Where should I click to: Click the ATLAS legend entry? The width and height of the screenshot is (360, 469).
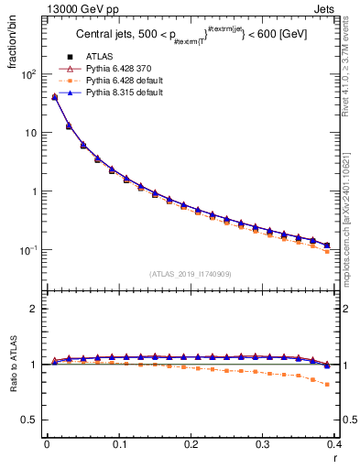98,58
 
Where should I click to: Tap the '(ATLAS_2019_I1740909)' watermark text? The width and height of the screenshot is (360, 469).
191,274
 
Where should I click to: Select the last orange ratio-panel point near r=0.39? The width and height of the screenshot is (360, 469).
328,384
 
